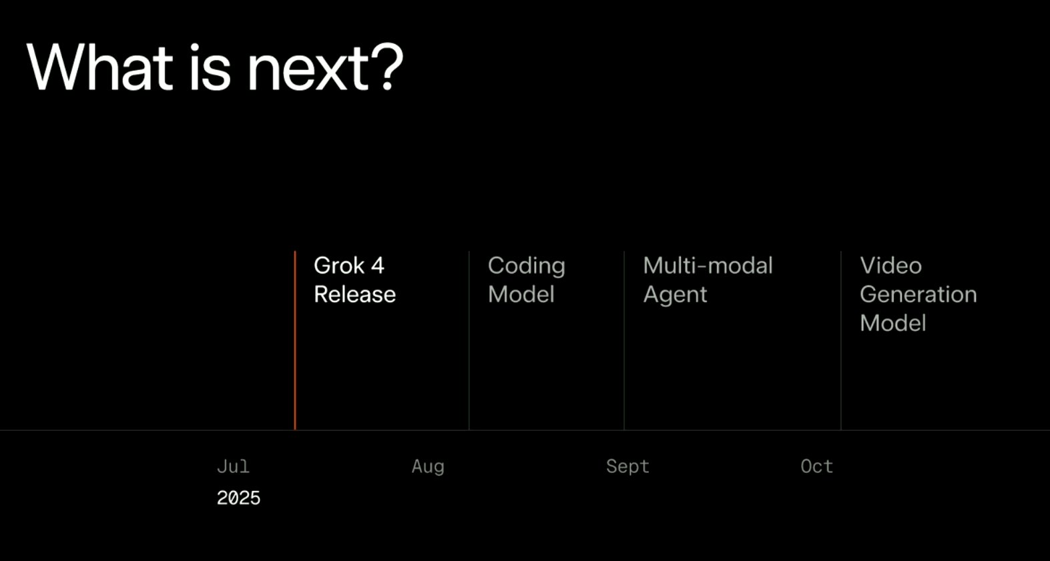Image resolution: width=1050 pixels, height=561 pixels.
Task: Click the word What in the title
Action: tap(100, 67)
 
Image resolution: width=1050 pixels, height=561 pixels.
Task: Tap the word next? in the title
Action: tap(325, 67)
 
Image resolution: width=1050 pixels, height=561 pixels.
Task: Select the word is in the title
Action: tap(210, 67)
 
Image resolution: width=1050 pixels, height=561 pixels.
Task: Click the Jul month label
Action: tap(233, 466)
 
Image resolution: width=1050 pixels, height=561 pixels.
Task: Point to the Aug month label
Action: tap(428, 467)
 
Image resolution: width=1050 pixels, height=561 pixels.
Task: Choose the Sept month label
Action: tap(627, 467)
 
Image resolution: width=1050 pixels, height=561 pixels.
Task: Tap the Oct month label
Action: tap(817, 466)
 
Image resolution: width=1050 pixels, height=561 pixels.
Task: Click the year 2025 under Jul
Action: tap(238, 498)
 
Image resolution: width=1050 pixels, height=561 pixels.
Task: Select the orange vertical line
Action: tap(295, 340)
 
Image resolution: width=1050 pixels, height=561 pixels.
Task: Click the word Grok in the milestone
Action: tap(339, 265)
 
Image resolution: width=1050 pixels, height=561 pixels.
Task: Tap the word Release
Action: tap(355, 295)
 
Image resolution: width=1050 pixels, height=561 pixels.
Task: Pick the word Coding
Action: tap(527, 266)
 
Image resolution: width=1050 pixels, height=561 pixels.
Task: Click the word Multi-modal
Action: tap(708, 265)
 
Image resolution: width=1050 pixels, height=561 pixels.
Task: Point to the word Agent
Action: tap(675, 296)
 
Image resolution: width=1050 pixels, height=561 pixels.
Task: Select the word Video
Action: tap(890, 265)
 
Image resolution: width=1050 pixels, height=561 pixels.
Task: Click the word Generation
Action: tap(918, 295)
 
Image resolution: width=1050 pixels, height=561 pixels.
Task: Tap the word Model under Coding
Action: tap(521, 295)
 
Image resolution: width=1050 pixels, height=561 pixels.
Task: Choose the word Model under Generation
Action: tap(893, 323)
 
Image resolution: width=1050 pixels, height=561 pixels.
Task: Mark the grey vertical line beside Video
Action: tap(841, 340)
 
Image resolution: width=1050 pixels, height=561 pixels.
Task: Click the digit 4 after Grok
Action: tap(378, 265)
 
